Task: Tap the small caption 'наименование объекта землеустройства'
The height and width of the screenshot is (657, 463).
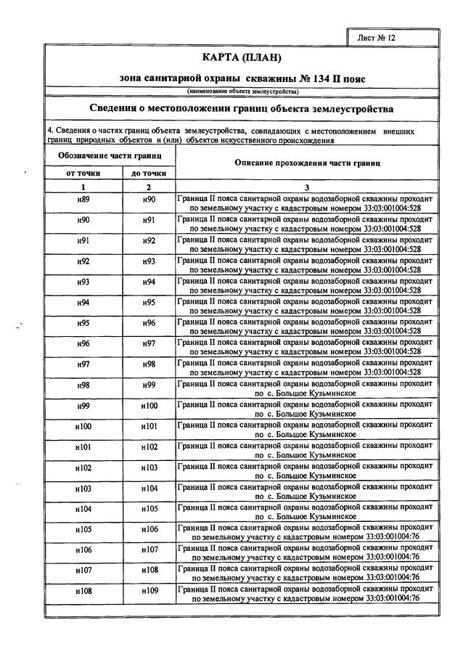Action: [x=242, y=91]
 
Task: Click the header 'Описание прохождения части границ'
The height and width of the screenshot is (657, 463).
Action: [x=308, y=163]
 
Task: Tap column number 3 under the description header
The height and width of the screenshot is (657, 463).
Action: [x=307, y=187]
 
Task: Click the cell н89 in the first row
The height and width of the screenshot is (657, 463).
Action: [x=83, y=200]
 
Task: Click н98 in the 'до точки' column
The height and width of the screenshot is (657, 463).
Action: [x=149, y=364]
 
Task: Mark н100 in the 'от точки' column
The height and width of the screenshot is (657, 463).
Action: [x=83, y=426]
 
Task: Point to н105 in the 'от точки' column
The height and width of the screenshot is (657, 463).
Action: [x=83, y=529]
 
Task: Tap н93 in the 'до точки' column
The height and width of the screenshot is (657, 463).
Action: [x=149, y=261]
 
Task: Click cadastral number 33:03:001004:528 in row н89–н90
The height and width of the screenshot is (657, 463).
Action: [x=386, y=207]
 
